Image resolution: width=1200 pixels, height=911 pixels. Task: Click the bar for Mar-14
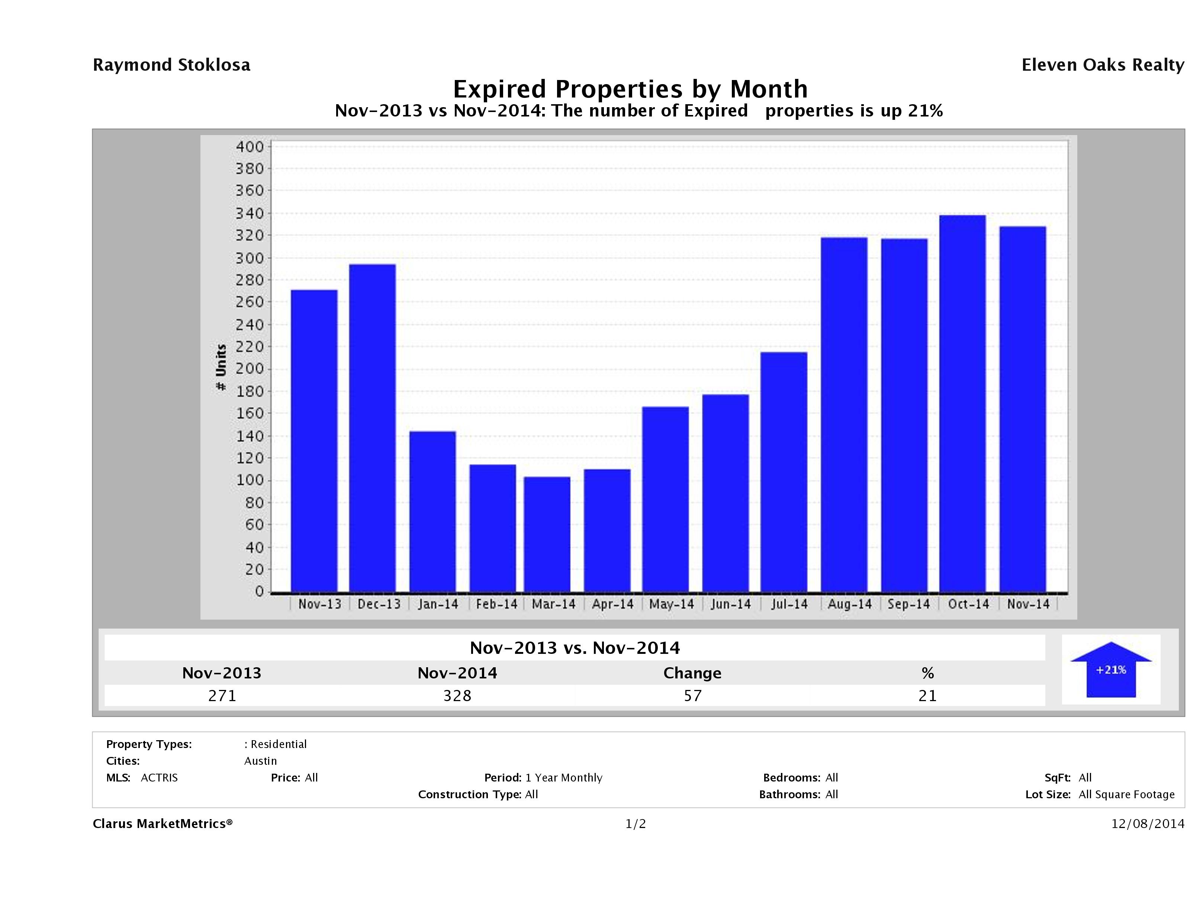(547, 534)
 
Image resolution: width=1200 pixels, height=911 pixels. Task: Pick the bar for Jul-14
(784, 472)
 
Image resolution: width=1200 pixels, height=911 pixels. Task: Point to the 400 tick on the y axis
(249, 147)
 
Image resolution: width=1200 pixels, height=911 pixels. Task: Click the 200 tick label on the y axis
(249, 369)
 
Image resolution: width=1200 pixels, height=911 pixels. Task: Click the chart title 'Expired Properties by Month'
(630, 89)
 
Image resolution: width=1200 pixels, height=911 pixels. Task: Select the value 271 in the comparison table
(222, 696)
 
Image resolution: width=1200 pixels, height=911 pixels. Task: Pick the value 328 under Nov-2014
(457, 696)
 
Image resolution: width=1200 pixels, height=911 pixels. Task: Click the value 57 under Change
(693, 696)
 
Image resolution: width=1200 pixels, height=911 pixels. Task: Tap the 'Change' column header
(692, 673)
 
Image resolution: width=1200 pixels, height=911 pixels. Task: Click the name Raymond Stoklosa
(171, 65)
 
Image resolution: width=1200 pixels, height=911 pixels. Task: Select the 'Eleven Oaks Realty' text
(1102, 65)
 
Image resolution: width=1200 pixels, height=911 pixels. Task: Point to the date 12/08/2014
(1147, 824)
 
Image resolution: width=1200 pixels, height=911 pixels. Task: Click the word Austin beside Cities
(260, 761)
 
